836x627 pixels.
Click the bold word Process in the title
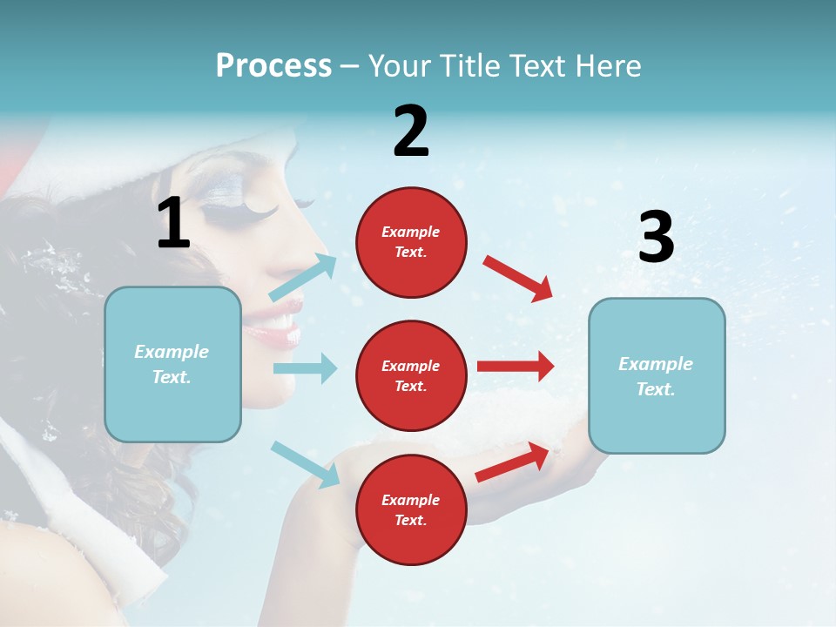pyautogui.click(x=273, y=65)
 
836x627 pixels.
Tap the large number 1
pyautogui.click(x=173, y=223)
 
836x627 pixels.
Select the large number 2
pyautogui.click(x=411, y=131)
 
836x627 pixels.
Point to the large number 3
pyautogui.click(x=656, y=237)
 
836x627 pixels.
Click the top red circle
pyautogui.click(x=411, y=242)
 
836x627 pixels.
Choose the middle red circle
pyautogui.click(x=411, y=375)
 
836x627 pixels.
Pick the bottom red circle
pyautogui.click(x=411, y=509)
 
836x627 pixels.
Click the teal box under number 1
pyautogui.click(x=172, y=364)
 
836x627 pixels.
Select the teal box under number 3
pyautogui.click(x=657, y=376)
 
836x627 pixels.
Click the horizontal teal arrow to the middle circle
pyautogui.click(x=305, y=368)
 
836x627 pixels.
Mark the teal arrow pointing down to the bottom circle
pyautogui.click(x=305, y=464)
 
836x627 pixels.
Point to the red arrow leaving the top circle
pyautogui.click(x=518, y=278)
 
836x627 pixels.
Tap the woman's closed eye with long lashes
pyautogui.click(x=253, y=207)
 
